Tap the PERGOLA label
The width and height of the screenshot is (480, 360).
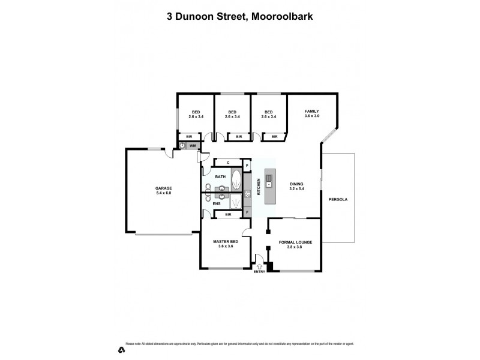337,199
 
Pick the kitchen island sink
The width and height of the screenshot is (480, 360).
269,179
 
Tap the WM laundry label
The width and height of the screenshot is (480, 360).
193,146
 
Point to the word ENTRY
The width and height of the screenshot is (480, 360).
259,272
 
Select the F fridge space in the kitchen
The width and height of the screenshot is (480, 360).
247,212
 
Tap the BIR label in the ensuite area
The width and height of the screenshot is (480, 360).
228,214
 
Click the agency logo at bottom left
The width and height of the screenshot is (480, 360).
122,349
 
